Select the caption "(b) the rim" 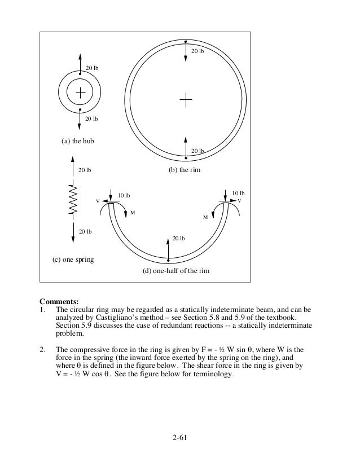coord(185,169)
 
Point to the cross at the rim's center coord(186,100)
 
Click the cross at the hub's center coord(81,92)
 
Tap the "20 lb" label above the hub coord(91,68)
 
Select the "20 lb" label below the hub coord(91,119)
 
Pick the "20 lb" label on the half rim coord(178,239)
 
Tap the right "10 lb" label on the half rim coord(239,193)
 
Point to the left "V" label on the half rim coord(98,201)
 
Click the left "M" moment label coord(133,213)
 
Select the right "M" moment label coord(205,217)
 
